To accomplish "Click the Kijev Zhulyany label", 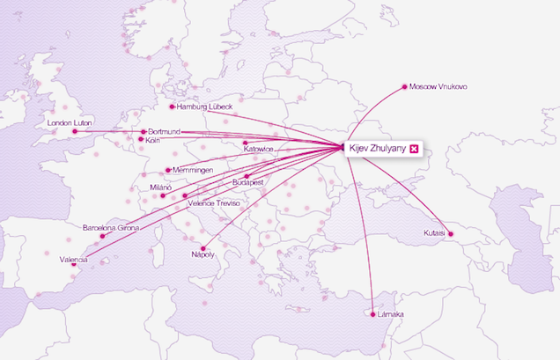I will click(x=378, y=149).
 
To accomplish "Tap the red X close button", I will click(x=415, y=149).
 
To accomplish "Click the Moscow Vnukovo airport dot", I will click(x=404, y=87).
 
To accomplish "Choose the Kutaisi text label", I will click(x=432, y=233).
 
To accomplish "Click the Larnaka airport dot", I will click(x=373, y=314).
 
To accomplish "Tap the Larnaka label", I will click(x=391, y=314).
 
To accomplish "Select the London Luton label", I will click(x=70, y=122).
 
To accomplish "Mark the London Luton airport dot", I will click(x=75, y=132).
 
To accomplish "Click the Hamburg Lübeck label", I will click(x=204, y=107).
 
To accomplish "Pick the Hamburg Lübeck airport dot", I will click(x=173, y=107).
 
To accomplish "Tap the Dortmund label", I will click(x=164, y=131).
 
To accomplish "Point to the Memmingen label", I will click(x=194, y=170).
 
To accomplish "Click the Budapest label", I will click(x=248, y=181).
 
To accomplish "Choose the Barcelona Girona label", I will click(x=111, y=227).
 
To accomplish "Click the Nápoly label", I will click(x=203, y=254).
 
